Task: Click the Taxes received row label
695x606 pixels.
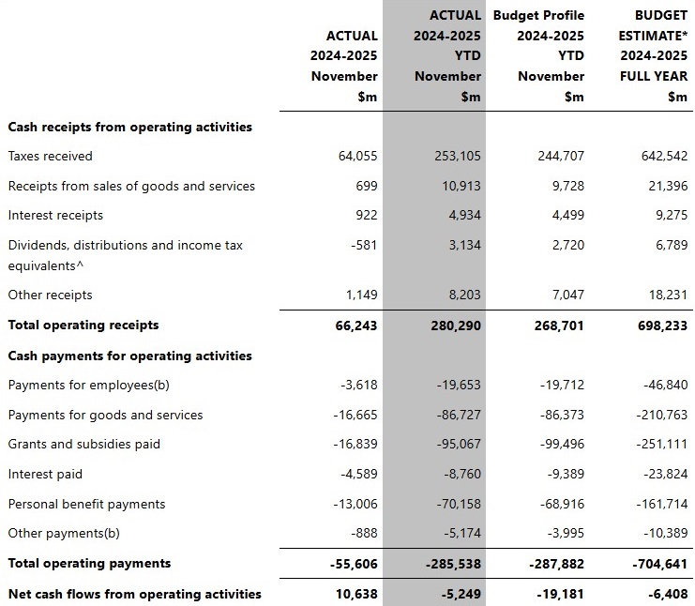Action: coord(51,156)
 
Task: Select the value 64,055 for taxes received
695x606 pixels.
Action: coord(357,156)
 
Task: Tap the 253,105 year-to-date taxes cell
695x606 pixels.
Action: coord(458,156)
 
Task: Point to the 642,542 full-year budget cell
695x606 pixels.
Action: coord(663,156)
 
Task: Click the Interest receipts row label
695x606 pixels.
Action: coord(55,215)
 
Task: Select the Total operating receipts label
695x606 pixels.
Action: coord(83,325)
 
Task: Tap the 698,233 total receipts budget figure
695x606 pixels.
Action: coord(662,326)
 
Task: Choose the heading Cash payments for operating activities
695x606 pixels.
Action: coord(129,356)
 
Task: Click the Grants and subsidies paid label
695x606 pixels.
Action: coord(84,444)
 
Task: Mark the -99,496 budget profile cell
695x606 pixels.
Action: coord(561,444)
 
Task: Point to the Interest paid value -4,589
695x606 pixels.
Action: coord(355,474)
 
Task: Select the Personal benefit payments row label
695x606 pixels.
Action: coord(86,504)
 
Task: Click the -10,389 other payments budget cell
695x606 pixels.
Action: coord(663,533)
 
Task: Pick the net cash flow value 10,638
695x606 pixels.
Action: coord(356,593)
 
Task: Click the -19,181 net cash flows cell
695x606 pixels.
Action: coord(561,593)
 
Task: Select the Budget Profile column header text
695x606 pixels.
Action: coord(538,15)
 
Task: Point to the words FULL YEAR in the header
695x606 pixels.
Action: coord(654,76)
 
